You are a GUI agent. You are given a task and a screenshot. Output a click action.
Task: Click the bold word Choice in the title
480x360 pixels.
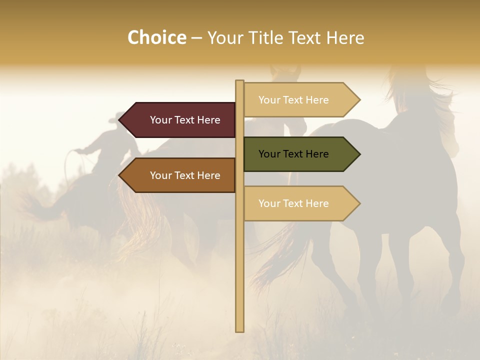[156, 37]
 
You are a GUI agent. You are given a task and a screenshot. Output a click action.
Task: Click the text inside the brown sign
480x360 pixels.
[185, 175]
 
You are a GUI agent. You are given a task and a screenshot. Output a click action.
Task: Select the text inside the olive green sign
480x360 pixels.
[293, 154]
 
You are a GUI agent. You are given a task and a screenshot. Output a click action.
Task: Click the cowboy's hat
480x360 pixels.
[120, 118]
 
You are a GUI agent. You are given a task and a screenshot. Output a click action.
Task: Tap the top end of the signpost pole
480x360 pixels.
[240, 82]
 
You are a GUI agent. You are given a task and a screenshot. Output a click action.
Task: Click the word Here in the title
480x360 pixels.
[345, 38]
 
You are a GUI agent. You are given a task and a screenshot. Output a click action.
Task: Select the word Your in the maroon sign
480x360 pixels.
[161, 120]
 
